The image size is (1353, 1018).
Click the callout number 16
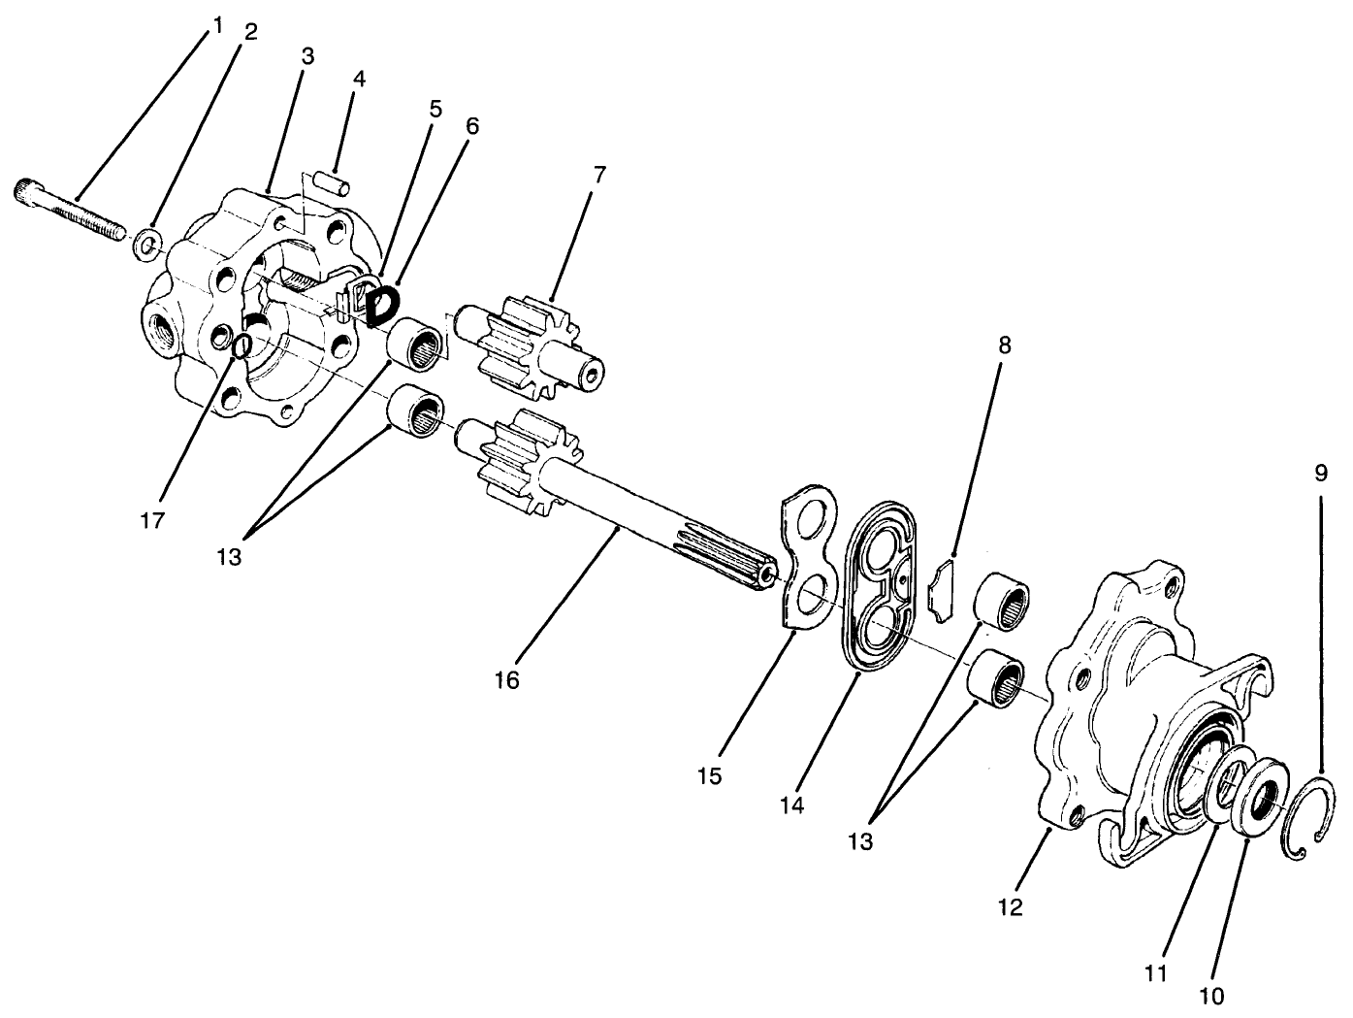pos(506,680)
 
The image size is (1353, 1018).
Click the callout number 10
pos(1211,996)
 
